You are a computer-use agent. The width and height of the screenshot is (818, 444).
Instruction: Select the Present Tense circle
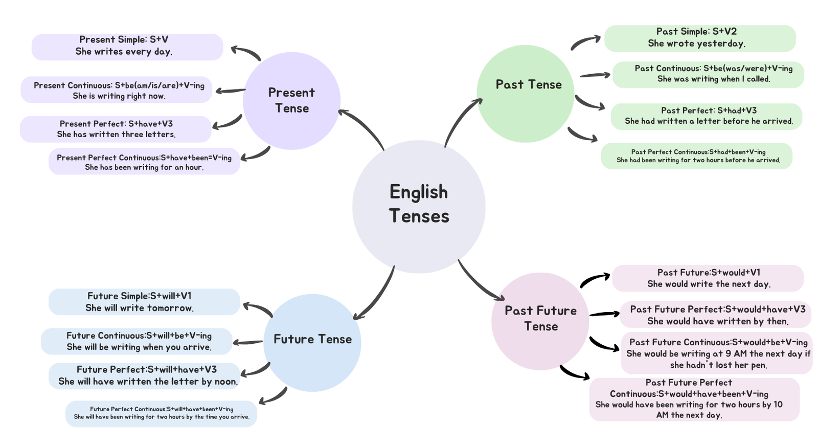click(x=291, y=101)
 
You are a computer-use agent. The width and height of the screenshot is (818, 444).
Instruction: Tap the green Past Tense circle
click(x=526, y=94)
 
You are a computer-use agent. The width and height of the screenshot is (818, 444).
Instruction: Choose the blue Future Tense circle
click(x=312, y=343)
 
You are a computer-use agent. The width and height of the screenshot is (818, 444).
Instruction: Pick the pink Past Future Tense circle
click(x=540, y=321)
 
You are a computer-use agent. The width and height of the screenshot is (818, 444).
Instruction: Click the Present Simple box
click(x=127, y=47)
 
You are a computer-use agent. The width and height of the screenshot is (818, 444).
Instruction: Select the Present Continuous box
click(x=117, y=90)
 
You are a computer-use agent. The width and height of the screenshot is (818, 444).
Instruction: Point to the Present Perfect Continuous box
click(x=144, y=162)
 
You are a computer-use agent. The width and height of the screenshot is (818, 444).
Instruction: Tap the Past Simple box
click(x=700, y=38)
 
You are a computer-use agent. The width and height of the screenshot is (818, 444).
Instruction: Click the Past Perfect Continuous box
click(x=696, y=156)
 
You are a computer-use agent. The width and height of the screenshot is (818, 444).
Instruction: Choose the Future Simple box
click(x=144, y=302)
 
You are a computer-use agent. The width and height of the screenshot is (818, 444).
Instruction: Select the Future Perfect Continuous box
click(x=161, y=413)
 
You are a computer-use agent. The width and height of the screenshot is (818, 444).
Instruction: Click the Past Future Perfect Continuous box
click(x=694, y=399)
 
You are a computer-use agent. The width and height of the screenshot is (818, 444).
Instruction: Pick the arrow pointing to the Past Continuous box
click(x=595, y=76)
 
